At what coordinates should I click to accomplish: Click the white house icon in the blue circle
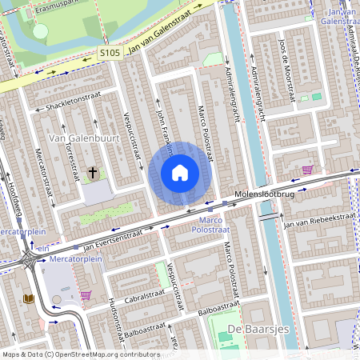click(180, 173)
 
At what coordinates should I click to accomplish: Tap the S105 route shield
click(110, 53)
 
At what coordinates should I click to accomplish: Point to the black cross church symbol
click(93, 171)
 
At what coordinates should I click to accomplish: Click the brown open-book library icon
click(30, 299)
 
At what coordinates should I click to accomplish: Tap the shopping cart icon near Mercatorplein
click(85, 295)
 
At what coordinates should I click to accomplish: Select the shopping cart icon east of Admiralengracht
click(308, 170)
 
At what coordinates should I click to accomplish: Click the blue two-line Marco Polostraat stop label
click(210, 224)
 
